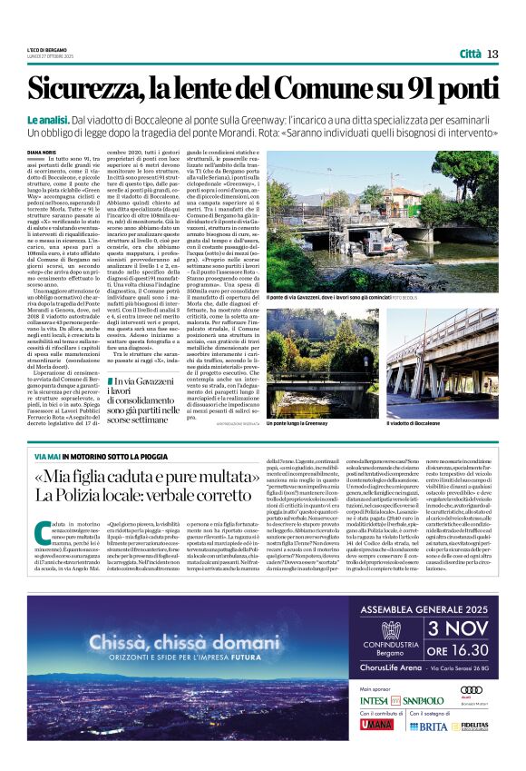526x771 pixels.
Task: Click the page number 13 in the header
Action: [493, 54]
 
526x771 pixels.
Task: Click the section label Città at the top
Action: [470, 54]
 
